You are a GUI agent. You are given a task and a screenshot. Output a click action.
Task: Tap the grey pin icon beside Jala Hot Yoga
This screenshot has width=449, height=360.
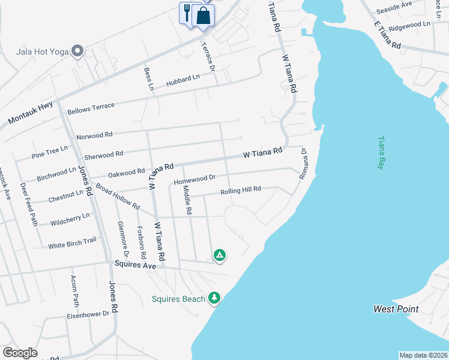(x=77, y=52)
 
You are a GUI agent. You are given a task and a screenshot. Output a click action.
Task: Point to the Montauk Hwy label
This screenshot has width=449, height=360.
(x=30, y=113)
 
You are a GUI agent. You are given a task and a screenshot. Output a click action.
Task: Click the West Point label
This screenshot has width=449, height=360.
(x=396, y=309)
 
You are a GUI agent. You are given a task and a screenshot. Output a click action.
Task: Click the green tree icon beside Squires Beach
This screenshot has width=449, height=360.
(x=214, y=298)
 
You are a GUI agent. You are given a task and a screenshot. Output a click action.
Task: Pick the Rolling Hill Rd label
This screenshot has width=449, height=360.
(x=240, y=190)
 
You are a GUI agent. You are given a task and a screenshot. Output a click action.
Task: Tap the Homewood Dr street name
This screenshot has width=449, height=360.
(x=194, y=179)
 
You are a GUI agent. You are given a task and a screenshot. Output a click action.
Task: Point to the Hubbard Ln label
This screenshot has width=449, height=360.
(x=183, y=79)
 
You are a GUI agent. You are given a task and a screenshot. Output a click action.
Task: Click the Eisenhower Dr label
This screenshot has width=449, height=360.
(x=88, y=314)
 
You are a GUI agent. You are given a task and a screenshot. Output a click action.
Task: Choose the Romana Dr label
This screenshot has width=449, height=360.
(x=303, y=163)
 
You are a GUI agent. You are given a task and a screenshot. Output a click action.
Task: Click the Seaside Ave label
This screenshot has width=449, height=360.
(x=394, y=7)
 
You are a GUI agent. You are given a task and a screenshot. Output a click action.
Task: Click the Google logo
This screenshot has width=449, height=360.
(x=20, y=353)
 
